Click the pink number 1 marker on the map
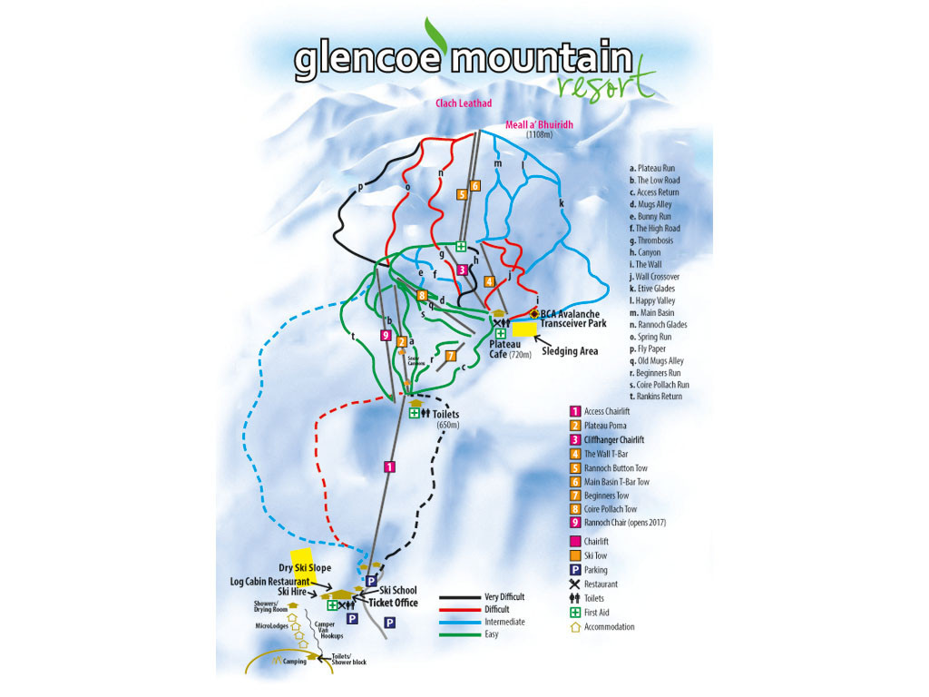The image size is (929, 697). point(389,466)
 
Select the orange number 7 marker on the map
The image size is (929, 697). point(450,356)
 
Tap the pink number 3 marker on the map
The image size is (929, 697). point(462,269)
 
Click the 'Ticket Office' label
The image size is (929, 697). point(393,603)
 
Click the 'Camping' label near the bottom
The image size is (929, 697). point(295,662)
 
